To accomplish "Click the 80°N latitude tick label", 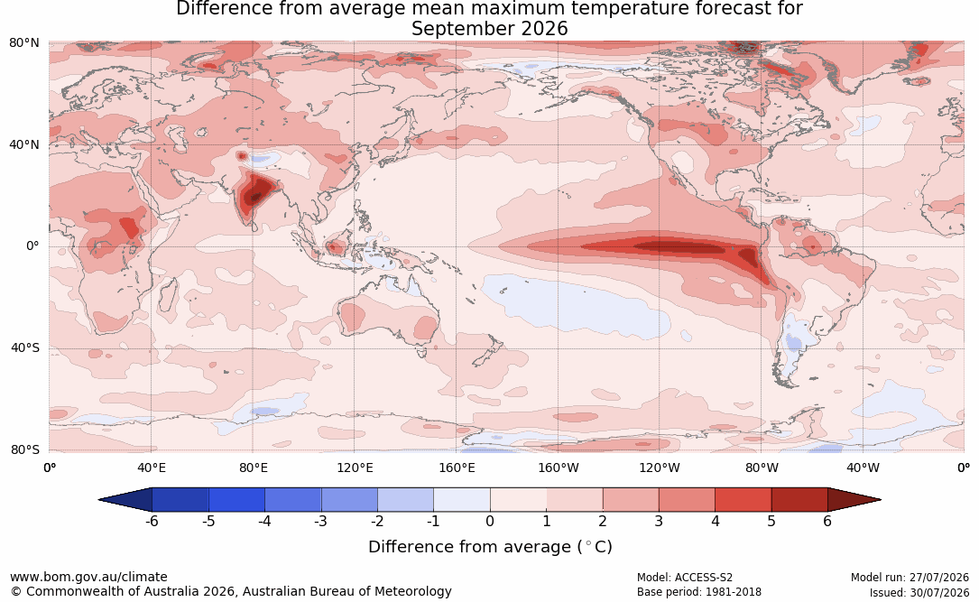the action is tap(24, 43).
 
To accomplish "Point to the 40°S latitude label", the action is tap(25, 347).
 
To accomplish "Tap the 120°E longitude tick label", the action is tap(355, 468).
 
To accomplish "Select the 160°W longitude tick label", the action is tap(559, 468).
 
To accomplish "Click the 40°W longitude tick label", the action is tap(863, 468).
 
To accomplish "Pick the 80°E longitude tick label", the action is tap(253, 468).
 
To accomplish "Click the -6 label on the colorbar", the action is tap(152, 521).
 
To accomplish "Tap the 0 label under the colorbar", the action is tap(490, 521).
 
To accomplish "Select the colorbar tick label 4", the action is tap(715, 521).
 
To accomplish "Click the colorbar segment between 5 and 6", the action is tap(799, 500).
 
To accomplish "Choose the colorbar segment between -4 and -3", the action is tap(293, 500).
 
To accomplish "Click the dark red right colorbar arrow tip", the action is tap(880, 500).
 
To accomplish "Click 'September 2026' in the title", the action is tap(489, 29).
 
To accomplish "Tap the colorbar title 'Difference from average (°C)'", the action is tap(490, 547).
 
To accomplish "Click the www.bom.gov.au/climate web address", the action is tap(88, 577).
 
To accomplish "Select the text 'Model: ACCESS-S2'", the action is tap(684, 578).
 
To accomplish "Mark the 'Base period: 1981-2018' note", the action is tap(698, 592).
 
